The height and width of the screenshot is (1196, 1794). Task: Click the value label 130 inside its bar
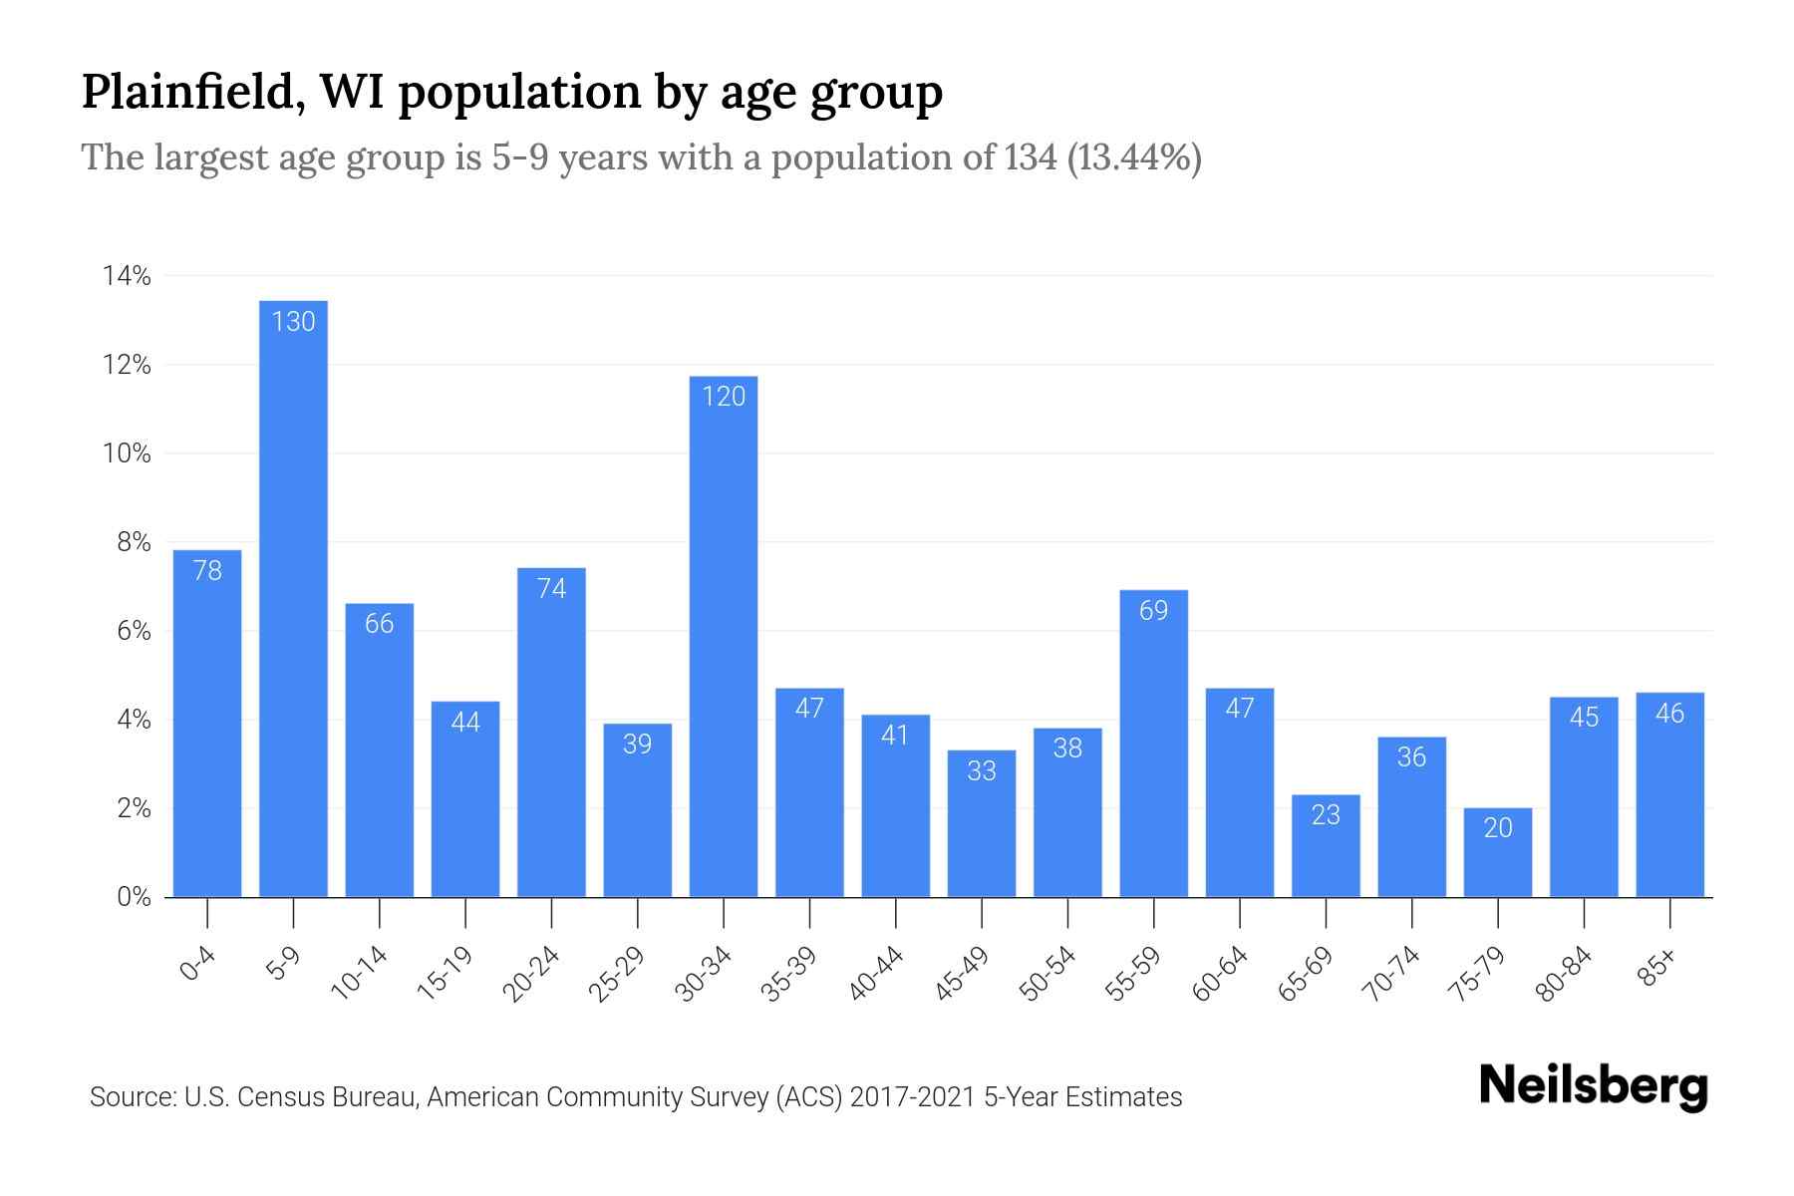293,321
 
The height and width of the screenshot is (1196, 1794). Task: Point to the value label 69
1153,610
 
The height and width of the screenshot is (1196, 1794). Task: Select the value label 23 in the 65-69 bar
1326,814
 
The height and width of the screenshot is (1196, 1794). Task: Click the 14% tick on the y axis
127,276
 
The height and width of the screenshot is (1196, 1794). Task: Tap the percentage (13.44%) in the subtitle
1133,157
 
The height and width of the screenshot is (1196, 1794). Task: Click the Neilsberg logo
1593,1086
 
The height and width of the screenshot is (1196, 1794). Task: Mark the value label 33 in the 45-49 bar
982,770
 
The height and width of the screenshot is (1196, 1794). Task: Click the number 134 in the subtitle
1031,157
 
